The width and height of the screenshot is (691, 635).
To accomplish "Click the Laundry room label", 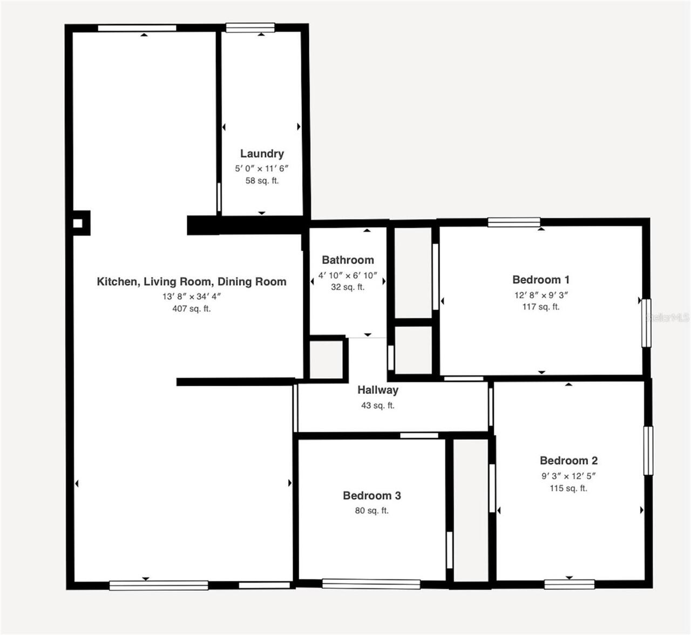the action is [262, 154].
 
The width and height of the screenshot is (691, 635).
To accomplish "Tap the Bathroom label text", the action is [348, 260].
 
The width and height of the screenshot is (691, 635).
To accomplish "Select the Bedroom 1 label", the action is [541, 279].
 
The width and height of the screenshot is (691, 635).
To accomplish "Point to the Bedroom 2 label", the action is [568, 460].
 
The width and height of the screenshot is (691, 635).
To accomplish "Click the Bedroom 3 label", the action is [371, 495].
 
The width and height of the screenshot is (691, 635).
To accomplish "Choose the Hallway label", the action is [377, 390].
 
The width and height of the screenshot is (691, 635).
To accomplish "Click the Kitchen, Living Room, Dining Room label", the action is [192, 282].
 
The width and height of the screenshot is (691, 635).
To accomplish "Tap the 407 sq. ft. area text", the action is [192, 309].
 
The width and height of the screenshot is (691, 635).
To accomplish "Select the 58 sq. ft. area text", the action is [262, 180].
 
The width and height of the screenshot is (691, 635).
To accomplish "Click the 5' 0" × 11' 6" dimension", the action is [261, 168].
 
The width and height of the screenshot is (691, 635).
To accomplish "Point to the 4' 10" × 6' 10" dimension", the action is [348, 275].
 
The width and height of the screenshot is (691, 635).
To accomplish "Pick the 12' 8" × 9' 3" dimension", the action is [541, 295].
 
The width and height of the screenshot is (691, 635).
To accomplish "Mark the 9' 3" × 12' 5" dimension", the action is [568, 476].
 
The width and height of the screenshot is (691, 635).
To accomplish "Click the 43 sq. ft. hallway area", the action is [377, 405].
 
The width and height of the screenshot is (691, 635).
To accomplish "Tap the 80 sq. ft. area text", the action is [371, 510].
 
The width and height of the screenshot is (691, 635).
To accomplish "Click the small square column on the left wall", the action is [78, 223].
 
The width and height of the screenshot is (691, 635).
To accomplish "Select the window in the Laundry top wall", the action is [250, 28].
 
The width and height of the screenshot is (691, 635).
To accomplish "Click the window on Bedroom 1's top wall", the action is [514, 222].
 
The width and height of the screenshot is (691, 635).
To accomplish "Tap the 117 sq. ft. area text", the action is [541, 306].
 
